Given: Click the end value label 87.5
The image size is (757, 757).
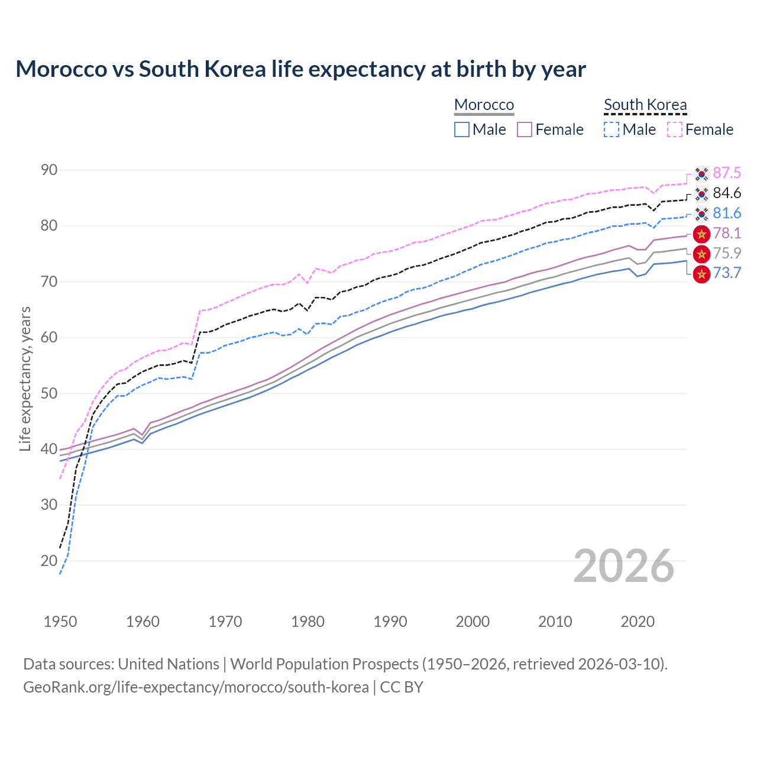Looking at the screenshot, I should tap(727, 173).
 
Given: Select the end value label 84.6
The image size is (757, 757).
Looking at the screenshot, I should tap(727, 193).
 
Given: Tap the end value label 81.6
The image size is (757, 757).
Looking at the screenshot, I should tap(727, 213).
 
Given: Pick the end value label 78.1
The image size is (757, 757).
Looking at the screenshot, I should tap(727, 233).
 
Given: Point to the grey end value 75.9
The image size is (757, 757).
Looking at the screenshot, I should tap(727, 253).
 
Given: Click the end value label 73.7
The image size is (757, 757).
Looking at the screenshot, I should tap(727, 273).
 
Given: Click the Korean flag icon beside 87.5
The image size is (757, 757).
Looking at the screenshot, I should tap(701, 174).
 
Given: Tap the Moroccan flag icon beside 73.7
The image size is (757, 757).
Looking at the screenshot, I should tap(701, 274).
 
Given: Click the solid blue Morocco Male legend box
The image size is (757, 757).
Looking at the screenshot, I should tap(462, 130).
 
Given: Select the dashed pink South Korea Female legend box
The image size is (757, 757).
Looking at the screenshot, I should tap(675, 130).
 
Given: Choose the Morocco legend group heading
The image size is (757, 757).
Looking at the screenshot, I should tap(484, 105).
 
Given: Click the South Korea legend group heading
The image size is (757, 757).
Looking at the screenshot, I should tap(645, 105).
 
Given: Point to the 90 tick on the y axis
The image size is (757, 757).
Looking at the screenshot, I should tap(49, 170).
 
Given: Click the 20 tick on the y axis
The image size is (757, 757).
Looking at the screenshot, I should tap(49, 561).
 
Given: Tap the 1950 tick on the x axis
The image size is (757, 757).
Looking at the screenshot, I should tap(60, 622).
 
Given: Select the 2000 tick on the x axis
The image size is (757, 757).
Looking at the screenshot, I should tap(473, 622).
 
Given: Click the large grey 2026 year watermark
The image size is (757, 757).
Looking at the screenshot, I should tap(624, 566).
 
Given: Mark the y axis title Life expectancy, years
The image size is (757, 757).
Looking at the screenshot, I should tap(25, 378).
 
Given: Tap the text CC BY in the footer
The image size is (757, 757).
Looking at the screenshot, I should tap(402, 687).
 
